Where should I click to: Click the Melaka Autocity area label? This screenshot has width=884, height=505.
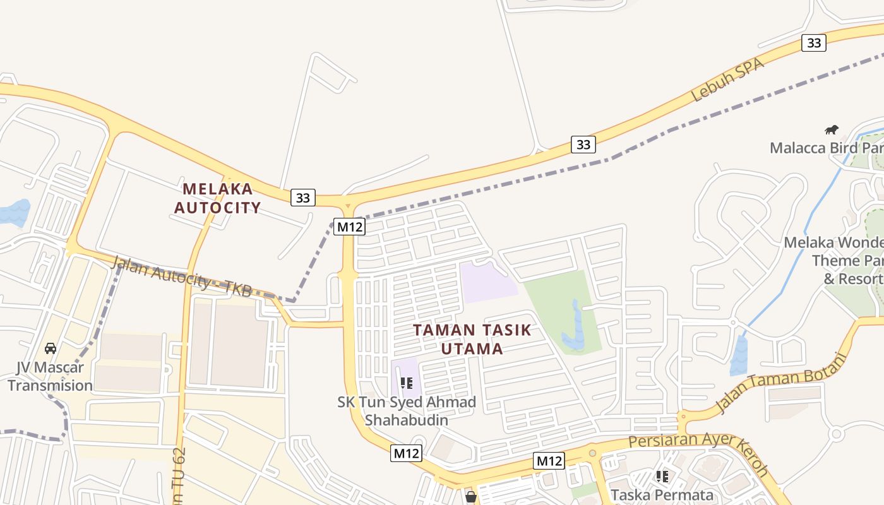tap(217, 198)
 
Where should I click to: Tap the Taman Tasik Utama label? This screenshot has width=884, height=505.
tap(472, 339)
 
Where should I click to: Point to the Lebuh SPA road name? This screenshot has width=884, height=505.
tap(727, 80)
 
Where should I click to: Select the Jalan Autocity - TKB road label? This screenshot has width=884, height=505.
tap(181, 276)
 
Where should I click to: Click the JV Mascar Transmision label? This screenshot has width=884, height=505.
tap(50, 376)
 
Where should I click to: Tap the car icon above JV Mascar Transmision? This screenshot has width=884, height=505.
tap(51, 348)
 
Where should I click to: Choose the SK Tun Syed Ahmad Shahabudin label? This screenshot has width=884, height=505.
tap(407, 411)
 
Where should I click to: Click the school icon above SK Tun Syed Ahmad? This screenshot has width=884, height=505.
tap(407, 383)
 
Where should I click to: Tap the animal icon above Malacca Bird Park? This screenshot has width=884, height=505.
tap(832, 130)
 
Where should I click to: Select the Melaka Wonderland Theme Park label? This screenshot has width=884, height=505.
tap(833, 260)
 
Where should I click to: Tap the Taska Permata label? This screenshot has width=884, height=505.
tap(662, 495)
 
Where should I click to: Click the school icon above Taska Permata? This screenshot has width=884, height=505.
tap(662, 477)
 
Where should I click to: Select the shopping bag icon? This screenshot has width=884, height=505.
tap(470, 497)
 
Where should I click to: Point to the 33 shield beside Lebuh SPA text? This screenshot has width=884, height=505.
tap(814, 43)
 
